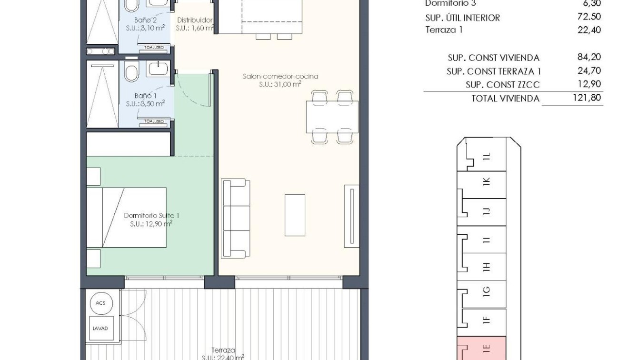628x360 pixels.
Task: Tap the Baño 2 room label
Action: [x=145, y=20]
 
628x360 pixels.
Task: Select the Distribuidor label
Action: [x=194, y=20]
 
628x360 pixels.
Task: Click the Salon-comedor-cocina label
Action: [x=280, y=76]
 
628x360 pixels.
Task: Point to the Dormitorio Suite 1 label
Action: [x=151, y=216]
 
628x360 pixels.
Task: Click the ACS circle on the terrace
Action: [x=100, y=303]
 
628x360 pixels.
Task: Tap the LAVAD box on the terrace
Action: [x=100, y=328]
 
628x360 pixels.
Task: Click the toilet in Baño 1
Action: [x=130, y=71]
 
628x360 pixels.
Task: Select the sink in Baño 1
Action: [x=158, y=69]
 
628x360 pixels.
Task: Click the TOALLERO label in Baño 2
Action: [x=154, y=48]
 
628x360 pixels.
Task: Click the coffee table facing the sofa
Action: [x=295, y=215]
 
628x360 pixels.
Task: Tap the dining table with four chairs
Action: [x=332, y=117]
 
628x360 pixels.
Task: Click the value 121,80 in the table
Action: [x=589, y=98]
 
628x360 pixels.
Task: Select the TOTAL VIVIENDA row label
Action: [x=505, y=99]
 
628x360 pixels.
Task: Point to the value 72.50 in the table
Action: [x=589, y=17]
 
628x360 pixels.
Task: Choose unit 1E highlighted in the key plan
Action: [x=485, y=348]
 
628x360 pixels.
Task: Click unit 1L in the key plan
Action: [x=486, y=157]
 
